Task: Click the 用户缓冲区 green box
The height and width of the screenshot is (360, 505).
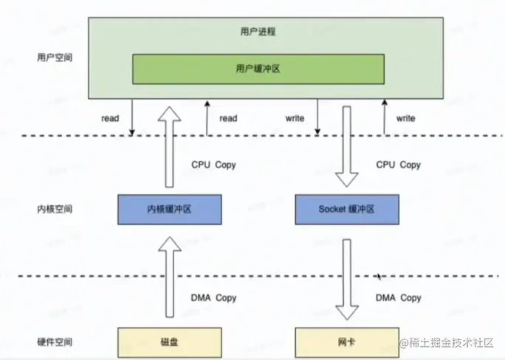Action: tap(258, 69)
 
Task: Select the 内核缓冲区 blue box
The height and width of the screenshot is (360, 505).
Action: tap(169, 209)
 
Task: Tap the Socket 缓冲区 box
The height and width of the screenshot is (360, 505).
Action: tap(346, 209)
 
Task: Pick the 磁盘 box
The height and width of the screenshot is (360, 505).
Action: tap(169, 343)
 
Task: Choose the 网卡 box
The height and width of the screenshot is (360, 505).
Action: tap(346, 343)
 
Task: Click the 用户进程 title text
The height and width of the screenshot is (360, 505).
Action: tap(258, 32)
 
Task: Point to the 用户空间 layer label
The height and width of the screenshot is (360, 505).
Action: tap(55, 57)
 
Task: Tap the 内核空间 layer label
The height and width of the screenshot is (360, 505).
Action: tap(55, 210)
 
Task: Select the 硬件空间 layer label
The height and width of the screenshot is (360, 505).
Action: tap(55, 343)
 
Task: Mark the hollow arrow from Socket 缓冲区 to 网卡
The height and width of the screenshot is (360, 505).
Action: tap(346, 280)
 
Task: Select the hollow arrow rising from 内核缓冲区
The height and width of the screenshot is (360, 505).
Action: tap(169, 148)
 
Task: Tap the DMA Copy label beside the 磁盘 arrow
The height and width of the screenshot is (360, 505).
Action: tap(213, 298)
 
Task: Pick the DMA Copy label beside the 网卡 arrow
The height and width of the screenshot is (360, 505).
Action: tap(399, 298)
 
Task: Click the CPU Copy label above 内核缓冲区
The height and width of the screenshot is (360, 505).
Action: tap(213, 165)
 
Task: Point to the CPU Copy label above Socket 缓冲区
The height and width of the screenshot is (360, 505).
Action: tap(399, 165)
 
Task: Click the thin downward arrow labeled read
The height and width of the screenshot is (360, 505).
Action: tap(131, 118)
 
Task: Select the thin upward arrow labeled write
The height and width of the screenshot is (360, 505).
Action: tap(384, 118)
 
